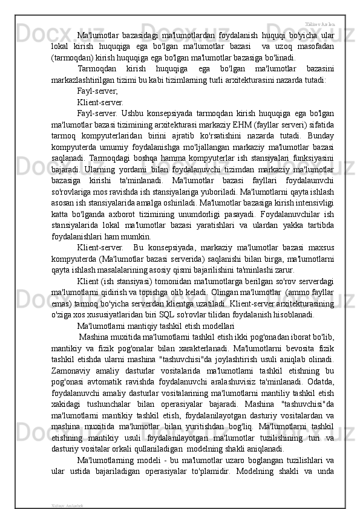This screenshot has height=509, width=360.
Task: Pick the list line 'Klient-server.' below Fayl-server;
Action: coord(100,102)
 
